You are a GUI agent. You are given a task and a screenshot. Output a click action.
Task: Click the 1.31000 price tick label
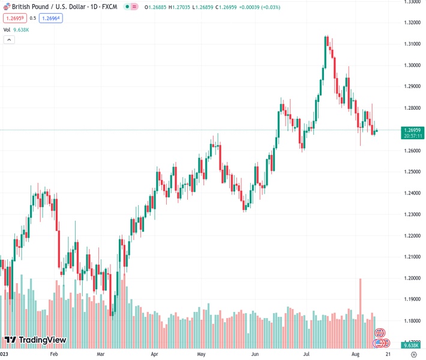pyautogui.click(x=412, y=44)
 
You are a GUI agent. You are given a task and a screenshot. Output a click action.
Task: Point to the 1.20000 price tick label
pyautogui.click(x=412, y=278)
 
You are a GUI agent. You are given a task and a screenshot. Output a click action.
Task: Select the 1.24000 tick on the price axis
pyautogui.click(x=412, y=193)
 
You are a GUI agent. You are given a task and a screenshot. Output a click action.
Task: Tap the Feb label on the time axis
pyautogui.click(x=53, y=355)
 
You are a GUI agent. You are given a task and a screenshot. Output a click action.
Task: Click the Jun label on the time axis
pyautogui.click(x=254, y=355)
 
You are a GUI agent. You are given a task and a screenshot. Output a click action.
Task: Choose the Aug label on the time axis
pyautogui.click(x=356, y=355)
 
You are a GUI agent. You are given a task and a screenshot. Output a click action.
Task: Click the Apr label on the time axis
pyautogui.click(x=154, y=355)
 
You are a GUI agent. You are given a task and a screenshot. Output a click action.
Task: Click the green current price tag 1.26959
pyautogui.click(x=413, y=130)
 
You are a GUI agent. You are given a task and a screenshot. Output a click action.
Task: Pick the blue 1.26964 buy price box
pyautogui.click(x=50, y=18)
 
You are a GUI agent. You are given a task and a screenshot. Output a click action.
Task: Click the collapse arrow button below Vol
pyautogui.click(x=9, y=40)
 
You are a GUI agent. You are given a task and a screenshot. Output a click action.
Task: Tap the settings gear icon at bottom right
pyautogui.click(x=413, y=355)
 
